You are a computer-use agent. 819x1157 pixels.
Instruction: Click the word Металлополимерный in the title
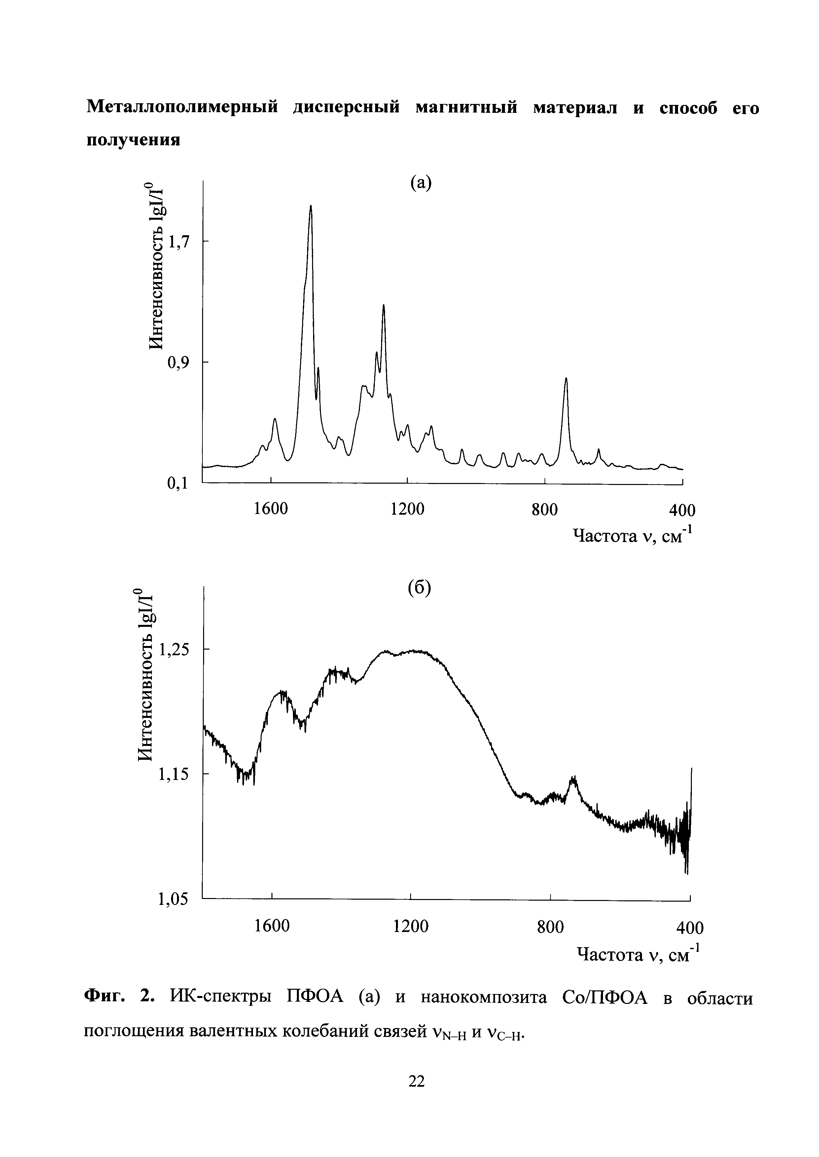click(183, 108)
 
